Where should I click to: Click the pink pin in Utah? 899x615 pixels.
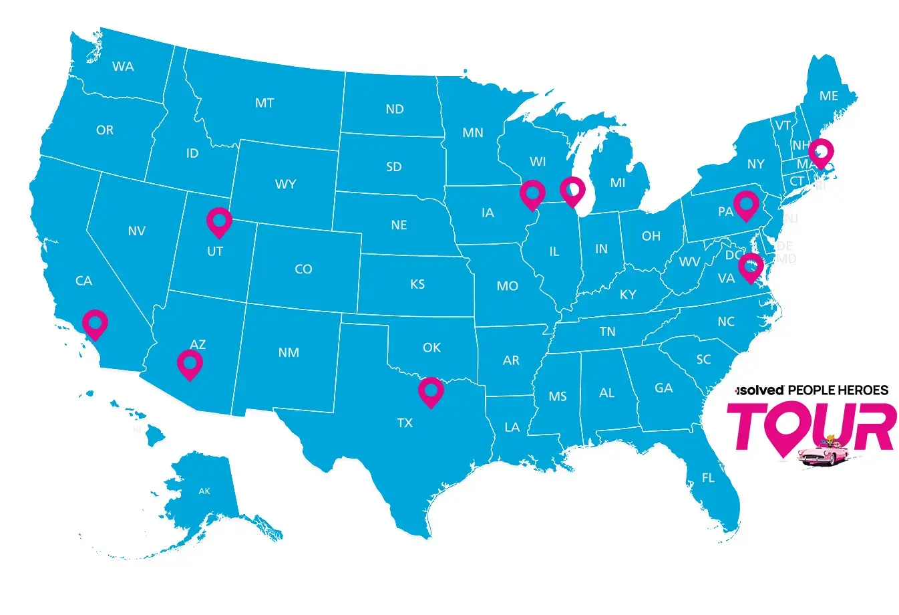pyautogui.click(x=219, y=221)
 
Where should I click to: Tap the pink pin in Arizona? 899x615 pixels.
pyautogui.click(x=190, y=364)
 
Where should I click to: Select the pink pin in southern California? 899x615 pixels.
pyautogui.click(x=95, y=324)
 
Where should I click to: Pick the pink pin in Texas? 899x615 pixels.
pyautogui.click(x=431, y=391)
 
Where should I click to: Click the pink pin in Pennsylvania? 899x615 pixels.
pyautogui.click(x=745, y=203)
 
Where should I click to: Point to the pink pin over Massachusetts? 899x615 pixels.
pyautogui.click(x=821, y=152)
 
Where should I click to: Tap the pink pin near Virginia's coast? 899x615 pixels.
pyautogui.click(x=751, y=268)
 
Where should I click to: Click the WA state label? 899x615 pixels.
pyautogui.click(x=123, y=66)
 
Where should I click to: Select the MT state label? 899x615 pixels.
pyautogui.click(x=264, y=103)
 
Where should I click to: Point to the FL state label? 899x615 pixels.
pyautogui.click(x=708, y=478)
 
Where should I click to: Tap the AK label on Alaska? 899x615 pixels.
pyautogui.click(x=204, y=491)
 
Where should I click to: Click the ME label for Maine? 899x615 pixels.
pyautogui.click(x=829, y=96)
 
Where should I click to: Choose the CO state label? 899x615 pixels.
pyautogui.click(x=303, y=269)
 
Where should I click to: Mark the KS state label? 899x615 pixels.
pyautogui.click(x=417, y=284)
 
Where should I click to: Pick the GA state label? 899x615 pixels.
pyautogui.click(x=664, y=388)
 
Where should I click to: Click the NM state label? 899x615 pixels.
pyautogui.click(x=289, y=352)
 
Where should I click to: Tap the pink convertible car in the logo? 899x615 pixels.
pyautogui.click(x=822, y=453)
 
